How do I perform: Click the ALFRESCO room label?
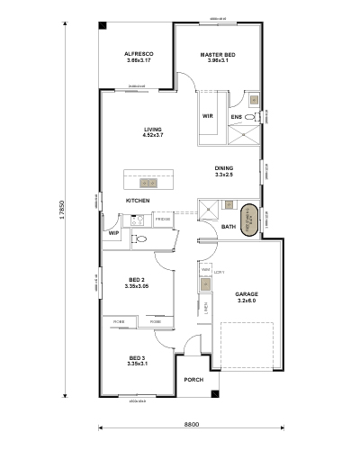(x=139, y=55)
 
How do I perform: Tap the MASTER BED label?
(x=218, y=55)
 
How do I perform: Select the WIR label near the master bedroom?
(x=208, y=116)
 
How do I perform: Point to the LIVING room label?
(x=152, y=130)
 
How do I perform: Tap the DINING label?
(x=223, y=168)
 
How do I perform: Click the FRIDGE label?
(x=163, y=220)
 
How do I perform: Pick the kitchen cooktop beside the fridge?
(x=143, y=239)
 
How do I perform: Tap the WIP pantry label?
(x=113, y=233)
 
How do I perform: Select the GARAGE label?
(x=246, y=296)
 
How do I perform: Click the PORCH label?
(x=193, y=380)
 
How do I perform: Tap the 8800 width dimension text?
(x=192, y=424)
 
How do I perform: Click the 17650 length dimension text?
(x=62, y=211)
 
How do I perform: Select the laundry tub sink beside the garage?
(x=207, y=284)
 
